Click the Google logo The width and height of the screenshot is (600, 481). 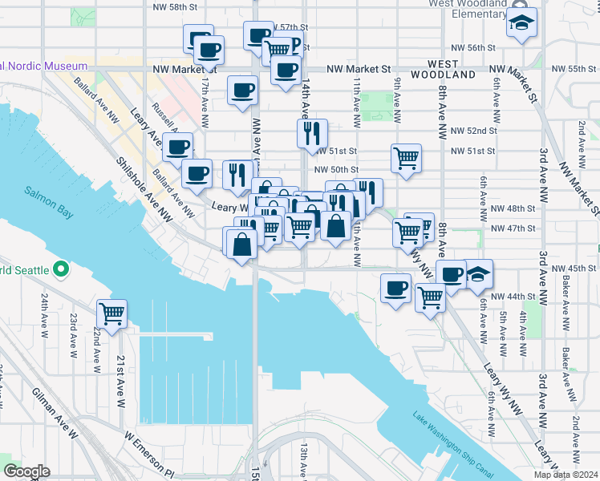coord(26,471)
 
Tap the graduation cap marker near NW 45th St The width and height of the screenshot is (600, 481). coord(478,274)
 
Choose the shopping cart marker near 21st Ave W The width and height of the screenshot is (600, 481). coord(111,313)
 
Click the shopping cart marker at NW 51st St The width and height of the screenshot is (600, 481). coord(407,157)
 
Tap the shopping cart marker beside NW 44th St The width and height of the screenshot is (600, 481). coord(431,298)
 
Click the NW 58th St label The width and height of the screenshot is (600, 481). coord(176,6)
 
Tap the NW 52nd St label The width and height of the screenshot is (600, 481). coord(473,131)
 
